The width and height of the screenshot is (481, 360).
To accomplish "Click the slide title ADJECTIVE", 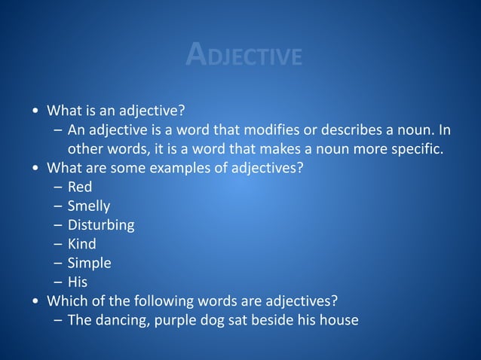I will [244, 55].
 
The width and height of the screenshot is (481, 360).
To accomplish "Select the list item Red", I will [80, 187].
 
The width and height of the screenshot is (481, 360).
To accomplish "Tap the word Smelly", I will [89, 206].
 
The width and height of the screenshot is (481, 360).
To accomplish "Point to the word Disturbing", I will [101, 225].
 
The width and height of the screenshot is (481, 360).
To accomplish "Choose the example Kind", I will [82, 244].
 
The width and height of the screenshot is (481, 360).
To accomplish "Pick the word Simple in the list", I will [90, 263].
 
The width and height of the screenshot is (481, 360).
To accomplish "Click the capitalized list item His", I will [78, 282].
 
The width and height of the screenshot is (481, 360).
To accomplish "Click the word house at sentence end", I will [338, 320].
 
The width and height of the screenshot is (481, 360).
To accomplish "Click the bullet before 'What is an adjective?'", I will [36, 111].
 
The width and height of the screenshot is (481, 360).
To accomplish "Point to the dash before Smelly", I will [58, 206].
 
